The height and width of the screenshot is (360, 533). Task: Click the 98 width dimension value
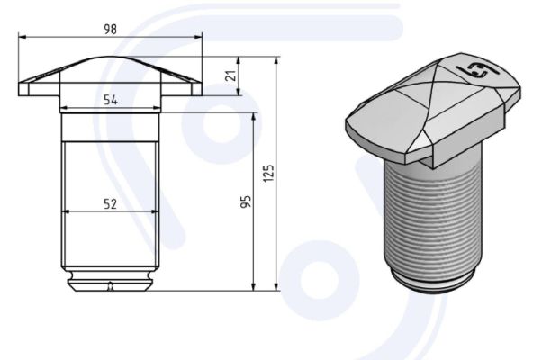coord(110,29)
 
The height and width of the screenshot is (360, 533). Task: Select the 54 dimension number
coord(111,100)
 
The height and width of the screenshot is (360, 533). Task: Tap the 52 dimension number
coord(110,204)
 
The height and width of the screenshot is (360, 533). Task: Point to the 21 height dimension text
coord(230,76)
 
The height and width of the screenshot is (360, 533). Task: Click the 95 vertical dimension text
coord(247,202)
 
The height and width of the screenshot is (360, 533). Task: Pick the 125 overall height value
coord(268,174)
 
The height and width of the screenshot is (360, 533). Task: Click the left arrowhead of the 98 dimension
coord(23,37)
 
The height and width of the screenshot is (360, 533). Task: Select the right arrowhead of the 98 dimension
coord(198,37)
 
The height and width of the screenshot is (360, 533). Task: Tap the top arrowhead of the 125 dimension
coord(277,61)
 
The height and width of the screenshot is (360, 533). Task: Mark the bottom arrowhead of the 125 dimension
coord(277,286)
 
